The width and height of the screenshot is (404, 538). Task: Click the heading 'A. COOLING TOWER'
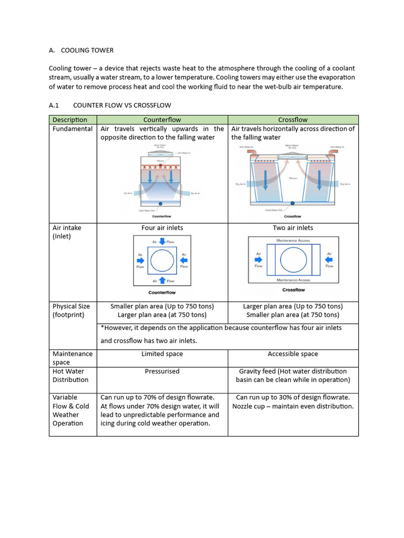(x=81, y=50)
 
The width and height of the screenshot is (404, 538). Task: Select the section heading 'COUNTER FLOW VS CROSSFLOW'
(x=122, y=105)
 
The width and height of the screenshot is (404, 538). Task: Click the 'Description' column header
(x=70, y=120)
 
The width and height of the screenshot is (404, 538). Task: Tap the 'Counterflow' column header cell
(x=162, y=120)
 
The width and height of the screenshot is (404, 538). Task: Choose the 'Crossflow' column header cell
(x=293, y=120)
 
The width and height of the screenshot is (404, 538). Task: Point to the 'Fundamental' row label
(x=73, y=129)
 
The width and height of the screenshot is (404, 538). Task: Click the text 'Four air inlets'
(x=162, y=228)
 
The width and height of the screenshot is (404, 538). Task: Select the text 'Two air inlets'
(x=293, y=228)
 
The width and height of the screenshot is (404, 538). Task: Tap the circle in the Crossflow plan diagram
(x=294, y=260)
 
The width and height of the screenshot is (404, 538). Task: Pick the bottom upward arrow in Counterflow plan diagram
(x=162, y=281)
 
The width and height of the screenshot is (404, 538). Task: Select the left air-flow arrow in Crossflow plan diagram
(x=258, y=260)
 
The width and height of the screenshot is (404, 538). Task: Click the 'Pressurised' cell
(x=162, y=371)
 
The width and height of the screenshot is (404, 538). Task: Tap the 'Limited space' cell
(x=162, y=354)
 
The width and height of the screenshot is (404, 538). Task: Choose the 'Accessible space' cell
(x=293, y=354)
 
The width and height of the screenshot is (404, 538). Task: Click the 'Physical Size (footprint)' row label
(x=71, y=311)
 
